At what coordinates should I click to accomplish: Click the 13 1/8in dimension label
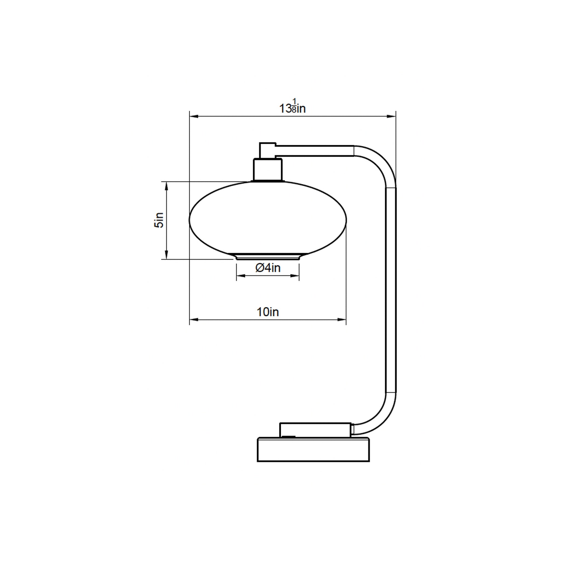point(292,106)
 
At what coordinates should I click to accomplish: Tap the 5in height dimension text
point(159,220)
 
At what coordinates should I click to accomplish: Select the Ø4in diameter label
point(268,268)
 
